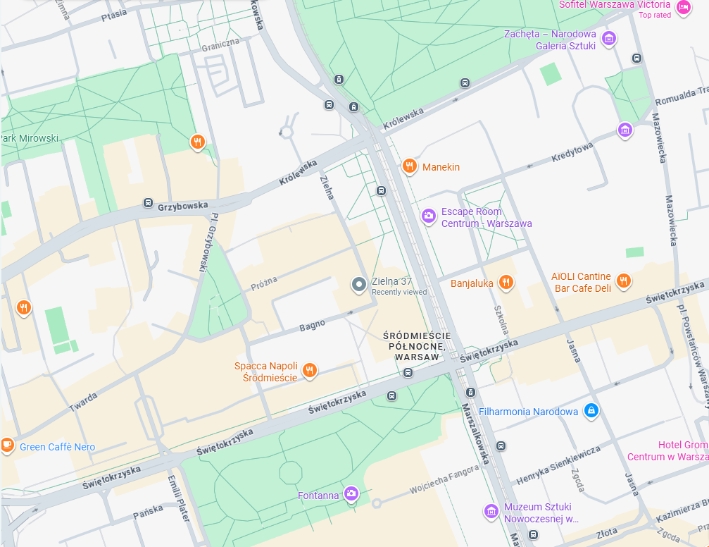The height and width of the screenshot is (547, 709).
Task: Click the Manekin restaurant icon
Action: click(x=409, y=166)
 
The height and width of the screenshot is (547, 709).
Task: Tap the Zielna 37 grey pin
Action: click(x=359, y=285)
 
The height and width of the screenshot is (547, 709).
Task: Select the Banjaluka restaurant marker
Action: click(x=505, y=283)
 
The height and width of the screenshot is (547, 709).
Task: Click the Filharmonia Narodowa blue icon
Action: click(x=591, y=410)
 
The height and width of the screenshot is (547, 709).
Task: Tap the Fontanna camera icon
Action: click(x=351, y=494)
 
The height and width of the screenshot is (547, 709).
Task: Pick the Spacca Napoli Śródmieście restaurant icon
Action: click(x=308, y=369)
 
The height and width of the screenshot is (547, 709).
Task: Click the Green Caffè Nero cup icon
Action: click(x=7, y=445)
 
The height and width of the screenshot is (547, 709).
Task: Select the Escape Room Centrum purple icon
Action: click(x=428, y=216)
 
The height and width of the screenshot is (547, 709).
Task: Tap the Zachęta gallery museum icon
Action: click(x=610, y=38)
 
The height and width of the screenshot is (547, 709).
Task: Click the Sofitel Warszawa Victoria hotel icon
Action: click(x=682, y=7)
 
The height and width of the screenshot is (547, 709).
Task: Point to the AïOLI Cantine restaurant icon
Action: click(x=623, y=281)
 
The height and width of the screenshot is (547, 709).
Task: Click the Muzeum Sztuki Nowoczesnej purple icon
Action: click(x=491, y=510)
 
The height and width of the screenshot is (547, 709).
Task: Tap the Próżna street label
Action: click(x=264, y=282)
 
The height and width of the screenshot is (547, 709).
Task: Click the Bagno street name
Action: click(x=312, y=325)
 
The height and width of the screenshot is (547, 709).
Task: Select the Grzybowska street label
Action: click(x=183, y=206)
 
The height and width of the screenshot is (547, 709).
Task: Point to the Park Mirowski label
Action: click(x=30, y=138)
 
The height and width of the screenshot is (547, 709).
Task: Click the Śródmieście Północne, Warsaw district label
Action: click(x=418, y=346)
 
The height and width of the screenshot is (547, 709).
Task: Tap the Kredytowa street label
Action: click(x=572, y=153)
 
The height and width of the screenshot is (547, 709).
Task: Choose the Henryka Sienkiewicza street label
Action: click(x=558, y=465)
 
